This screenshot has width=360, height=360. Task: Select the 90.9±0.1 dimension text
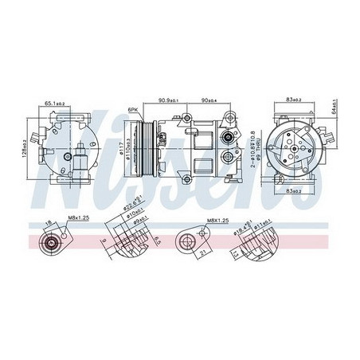(167, 100)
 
